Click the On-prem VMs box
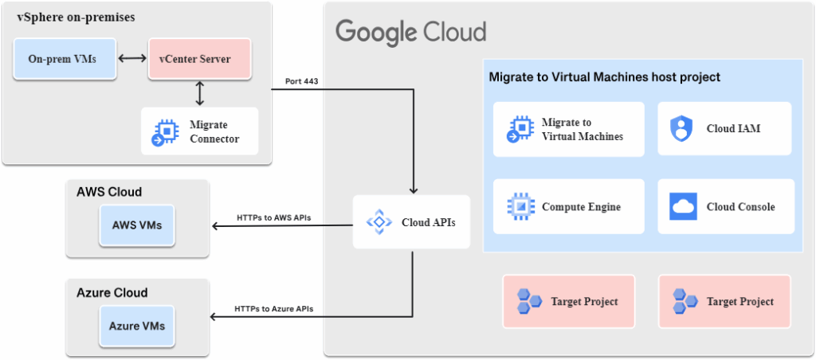pos(65,59)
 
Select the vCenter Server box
pos(200,59)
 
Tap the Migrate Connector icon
pos(164,131)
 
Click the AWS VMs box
pos(137,225)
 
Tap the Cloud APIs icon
pos(379,222)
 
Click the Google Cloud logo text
pos(410,33)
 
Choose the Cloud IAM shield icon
pos(683,128)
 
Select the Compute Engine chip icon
pos(521,206)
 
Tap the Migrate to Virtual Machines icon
pos(520,128)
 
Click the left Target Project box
pos(568,301)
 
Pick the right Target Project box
pos(724,301)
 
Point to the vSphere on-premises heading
pos(76,18)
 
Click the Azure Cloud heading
pos(112,292)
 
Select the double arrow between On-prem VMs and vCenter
pos(131,59)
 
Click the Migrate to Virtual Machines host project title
pos(604,77)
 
